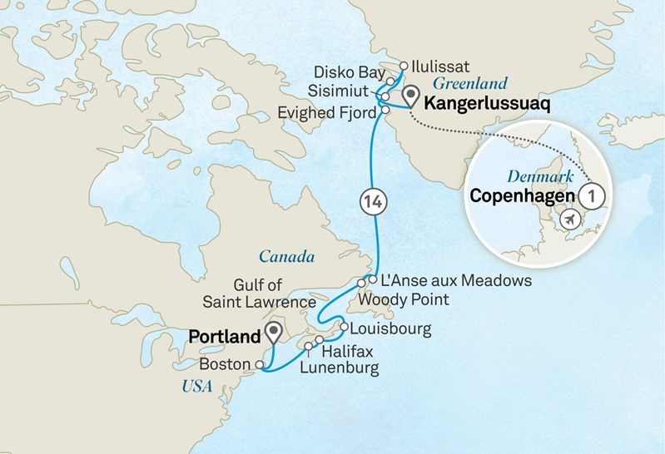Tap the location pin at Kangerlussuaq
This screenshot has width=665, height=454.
(x=409, y=98)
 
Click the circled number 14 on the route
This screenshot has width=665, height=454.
(x=374, y=201)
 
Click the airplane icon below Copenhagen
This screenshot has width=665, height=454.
(x=570, y=220)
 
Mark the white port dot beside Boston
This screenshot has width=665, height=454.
(x=260, y=364)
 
